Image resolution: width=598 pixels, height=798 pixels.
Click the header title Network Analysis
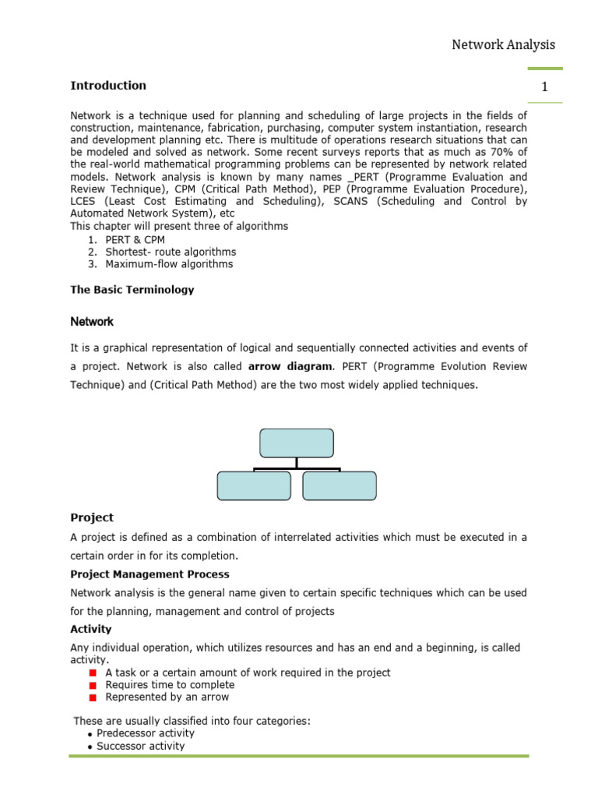coord(503,44)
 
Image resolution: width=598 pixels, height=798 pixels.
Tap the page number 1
coord(545,87)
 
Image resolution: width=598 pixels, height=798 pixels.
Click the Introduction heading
coord(108,86)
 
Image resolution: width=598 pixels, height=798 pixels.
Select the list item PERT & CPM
coord(135,239)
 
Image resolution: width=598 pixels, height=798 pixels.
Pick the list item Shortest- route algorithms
coord(171,252)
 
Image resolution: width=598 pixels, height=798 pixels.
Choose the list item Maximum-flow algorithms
coord(169,264)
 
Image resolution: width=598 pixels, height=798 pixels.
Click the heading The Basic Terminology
coord(132,290)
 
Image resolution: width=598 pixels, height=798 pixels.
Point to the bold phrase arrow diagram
coord(290,366)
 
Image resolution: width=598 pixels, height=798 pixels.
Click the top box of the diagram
coord(296,443)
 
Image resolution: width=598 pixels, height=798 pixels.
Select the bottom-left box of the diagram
coord(254,486)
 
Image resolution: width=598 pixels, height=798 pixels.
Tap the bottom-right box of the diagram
coord(339,486)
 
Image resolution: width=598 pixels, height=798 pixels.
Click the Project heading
coord(92,517)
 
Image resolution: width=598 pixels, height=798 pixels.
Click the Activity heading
coord(91,629)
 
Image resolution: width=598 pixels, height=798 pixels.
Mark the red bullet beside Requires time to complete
coord(92,685)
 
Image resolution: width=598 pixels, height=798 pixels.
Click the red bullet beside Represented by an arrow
coord(92,697)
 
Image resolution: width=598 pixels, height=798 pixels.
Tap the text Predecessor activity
coord(146,733)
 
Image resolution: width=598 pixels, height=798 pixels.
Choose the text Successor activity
coord(141,746)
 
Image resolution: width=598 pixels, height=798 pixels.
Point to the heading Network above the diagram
coord(92,321)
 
